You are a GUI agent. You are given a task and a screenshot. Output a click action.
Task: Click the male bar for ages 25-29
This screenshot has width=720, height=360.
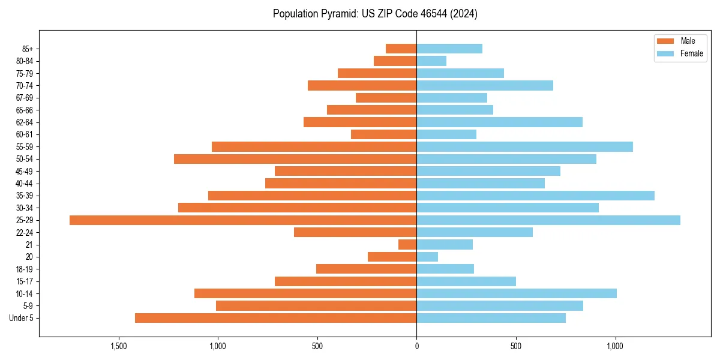[x=243, y=220]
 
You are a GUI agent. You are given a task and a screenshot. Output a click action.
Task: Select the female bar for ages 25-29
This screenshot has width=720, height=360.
[x=548, y=220]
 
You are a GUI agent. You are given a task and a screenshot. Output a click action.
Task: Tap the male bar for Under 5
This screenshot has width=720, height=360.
[x=275, y=318]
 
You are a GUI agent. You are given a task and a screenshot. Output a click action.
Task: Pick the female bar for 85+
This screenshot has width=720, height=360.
[x=449, y=49]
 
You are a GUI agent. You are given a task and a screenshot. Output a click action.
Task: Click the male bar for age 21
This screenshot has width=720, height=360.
[x=407, y=245]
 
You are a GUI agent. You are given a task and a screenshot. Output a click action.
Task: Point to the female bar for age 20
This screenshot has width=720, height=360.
[x=427, y=257]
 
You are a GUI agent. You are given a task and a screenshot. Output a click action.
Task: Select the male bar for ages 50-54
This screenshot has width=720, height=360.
[x=295, y=159]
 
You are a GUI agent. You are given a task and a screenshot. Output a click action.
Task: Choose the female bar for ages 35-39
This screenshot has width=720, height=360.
[x=535, y=196]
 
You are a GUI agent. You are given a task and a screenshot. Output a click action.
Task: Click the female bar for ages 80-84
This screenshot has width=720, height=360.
[x=431, y=61]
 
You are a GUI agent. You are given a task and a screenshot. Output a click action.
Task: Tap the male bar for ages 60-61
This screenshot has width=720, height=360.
[x=383, y=134]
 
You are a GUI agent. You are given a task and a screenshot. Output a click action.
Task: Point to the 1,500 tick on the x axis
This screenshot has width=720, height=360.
[x=118, y=346]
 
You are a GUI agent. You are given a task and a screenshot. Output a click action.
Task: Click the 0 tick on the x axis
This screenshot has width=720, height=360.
[x=416, y=346]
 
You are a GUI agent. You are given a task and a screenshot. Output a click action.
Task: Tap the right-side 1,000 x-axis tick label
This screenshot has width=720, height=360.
[x=615, y=346]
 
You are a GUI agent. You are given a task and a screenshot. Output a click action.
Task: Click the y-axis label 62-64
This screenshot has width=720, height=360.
[x=25, y=122]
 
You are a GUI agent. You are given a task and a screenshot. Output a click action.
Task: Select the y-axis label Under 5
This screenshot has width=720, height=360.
[x=22, y=318]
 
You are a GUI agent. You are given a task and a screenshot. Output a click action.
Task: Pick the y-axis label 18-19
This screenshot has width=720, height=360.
[x=25, y=269]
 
